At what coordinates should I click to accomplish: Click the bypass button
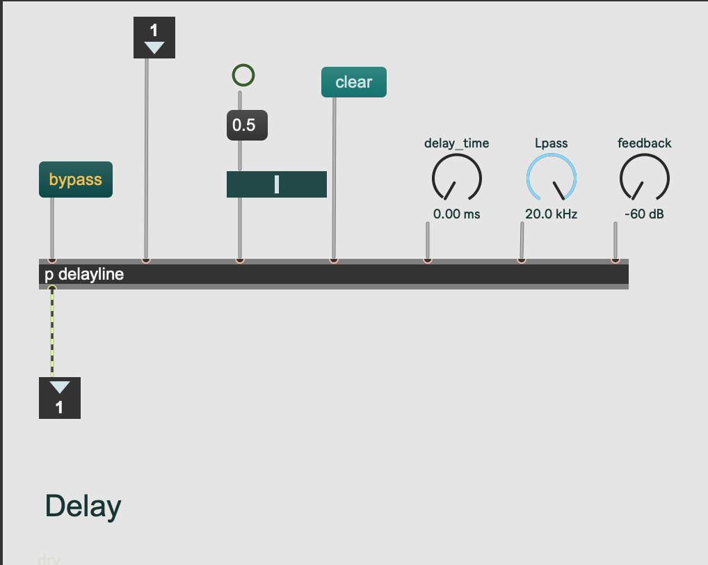click(x=75, y=180)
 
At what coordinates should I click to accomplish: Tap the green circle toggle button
click(x=243, y=75)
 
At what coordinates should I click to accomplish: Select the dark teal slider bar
click(x=276, y=184)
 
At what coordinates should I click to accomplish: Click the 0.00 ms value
click(x=456, y=214)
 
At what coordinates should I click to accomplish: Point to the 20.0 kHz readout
click(x=551, y=214)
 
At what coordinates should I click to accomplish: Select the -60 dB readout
click(x=644, y=214)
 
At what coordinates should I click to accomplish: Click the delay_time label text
click(x=456, y=143)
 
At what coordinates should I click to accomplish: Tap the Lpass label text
click(x=551, y=143)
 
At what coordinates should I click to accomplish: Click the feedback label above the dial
click(x=644, y=143)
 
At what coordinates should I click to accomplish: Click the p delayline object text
click(x=84, y=274)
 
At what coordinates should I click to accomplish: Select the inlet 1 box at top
click(x=154, y=38)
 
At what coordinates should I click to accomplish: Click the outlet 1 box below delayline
click(x=59, y=398)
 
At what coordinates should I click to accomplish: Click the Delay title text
click(x=83, y=507)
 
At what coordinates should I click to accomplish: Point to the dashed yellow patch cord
click(x=52, y=334)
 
